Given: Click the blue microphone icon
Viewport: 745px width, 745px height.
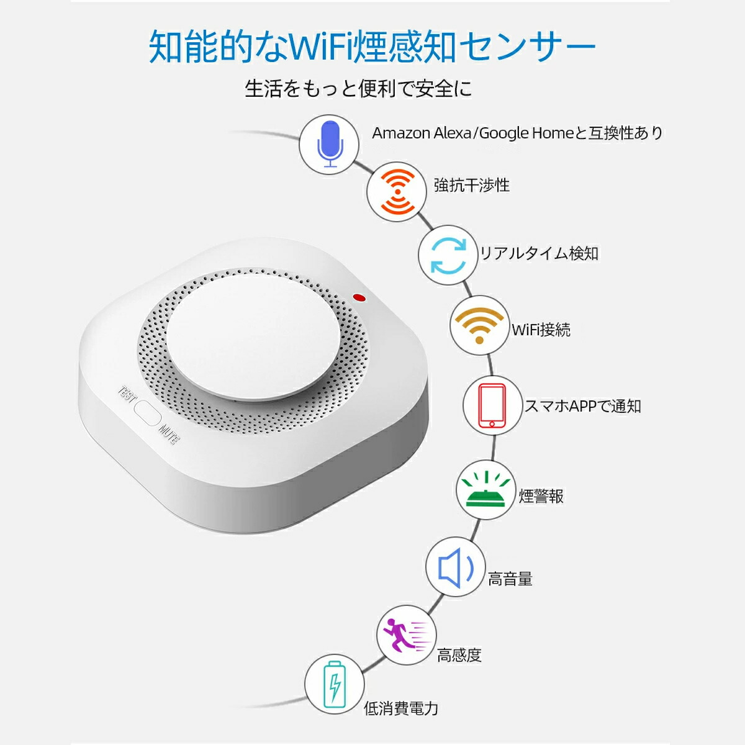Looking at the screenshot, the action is pyautogui.click(x=330, y=144).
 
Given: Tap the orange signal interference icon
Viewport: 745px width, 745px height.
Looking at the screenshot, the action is pyautogui.click(x=397, y=192).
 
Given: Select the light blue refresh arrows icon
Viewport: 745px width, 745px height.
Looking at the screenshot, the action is pyautogui.click(x=448, y=255).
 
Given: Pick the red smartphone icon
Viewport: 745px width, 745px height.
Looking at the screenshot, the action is pyautogui.click(x=492, y=405).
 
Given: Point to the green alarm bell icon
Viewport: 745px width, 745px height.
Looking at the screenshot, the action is pyautogui.click(x=485, y=489).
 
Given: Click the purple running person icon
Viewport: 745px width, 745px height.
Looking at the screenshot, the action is pyautogui.click(x=406, y=636).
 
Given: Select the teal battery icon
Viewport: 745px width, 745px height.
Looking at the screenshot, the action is pyautogui.click(x=335, y=684).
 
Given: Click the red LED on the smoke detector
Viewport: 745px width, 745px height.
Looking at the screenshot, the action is pyautogui.click(x=359, y=297).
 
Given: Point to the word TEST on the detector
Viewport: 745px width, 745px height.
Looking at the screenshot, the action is pyautogui.click(x=127, y=394).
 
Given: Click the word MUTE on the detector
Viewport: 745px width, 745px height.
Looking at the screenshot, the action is pyautogui.click(x=169, y=434).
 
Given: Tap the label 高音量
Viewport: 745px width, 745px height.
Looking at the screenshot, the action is pyautogui.click(x=510, y=579).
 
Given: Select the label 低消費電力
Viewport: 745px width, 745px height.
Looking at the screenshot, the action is pyautogui.click(x=401, y=708).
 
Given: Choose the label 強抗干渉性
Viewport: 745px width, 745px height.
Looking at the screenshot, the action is pyautogui.click(x=471, y=185).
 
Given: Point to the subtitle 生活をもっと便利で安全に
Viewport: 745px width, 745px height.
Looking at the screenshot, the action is pyautogui.click(x=358, y=89).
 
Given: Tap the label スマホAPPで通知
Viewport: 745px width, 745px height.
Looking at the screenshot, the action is pyautogui.click(x=582, y=406).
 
